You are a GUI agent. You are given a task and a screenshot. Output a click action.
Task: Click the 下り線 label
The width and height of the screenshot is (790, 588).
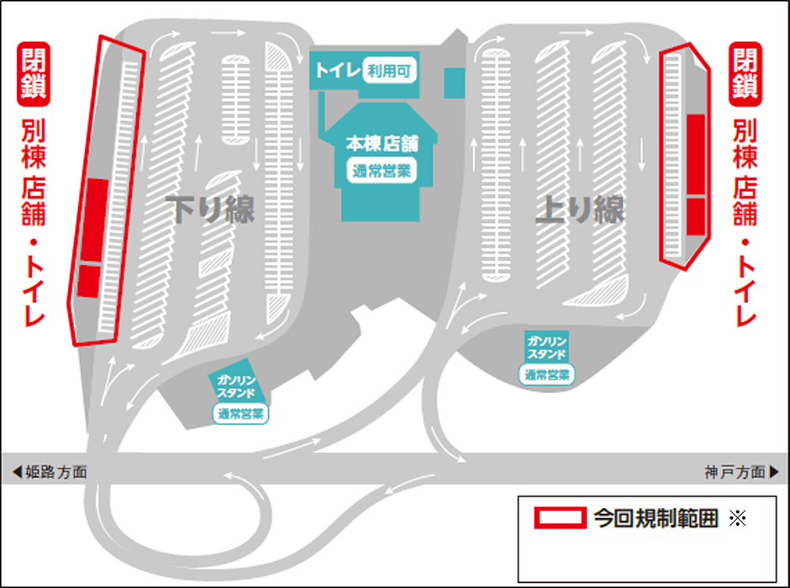[211, 209]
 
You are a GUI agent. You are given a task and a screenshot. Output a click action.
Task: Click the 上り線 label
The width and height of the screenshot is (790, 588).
[580, 209]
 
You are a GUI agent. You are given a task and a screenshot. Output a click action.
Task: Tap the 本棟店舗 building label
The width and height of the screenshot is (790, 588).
[382, 144]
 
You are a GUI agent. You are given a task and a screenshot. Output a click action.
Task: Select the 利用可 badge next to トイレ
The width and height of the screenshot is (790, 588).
[388, 71]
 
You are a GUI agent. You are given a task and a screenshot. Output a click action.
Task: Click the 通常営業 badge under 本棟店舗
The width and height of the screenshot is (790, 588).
[382, 171]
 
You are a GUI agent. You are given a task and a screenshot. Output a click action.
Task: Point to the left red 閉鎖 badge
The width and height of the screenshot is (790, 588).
[34, 74]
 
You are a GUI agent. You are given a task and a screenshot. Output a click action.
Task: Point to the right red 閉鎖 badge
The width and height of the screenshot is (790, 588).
[745, 74]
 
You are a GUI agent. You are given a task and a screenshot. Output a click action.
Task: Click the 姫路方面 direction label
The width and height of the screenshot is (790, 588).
[50, 472]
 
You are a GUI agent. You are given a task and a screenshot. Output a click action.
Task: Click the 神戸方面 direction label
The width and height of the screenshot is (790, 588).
[741, 472]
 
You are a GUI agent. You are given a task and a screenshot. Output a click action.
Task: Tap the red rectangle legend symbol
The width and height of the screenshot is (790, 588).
[561, 518]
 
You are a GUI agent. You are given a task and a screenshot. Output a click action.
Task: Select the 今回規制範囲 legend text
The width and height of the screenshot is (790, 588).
[656, 518]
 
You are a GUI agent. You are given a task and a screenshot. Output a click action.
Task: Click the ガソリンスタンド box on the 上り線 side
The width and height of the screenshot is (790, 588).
[546, 347]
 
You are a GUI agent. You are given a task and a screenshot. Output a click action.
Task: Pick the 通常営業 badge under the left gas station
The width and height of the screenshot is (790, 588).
[241, 414]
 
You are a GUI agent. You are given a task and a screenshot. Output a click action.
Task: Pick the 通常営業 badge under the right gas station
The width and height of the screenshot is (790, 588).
[546, 374]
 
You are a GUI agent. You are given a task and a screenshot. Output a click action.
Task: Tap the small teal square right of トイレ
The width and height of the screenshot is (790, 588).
[454, 82]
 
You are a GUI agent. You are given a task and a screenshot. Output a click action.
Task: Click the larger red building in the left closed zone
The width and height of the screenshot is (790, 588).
[95, 220]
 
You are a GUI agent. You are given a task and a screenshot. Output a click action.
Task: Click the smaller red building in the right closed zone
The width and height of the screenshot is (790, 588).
[696, 216]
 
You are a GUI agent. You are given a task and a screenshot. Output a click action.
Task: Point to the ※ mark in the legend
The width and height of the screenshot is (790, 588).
[738, 518]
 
